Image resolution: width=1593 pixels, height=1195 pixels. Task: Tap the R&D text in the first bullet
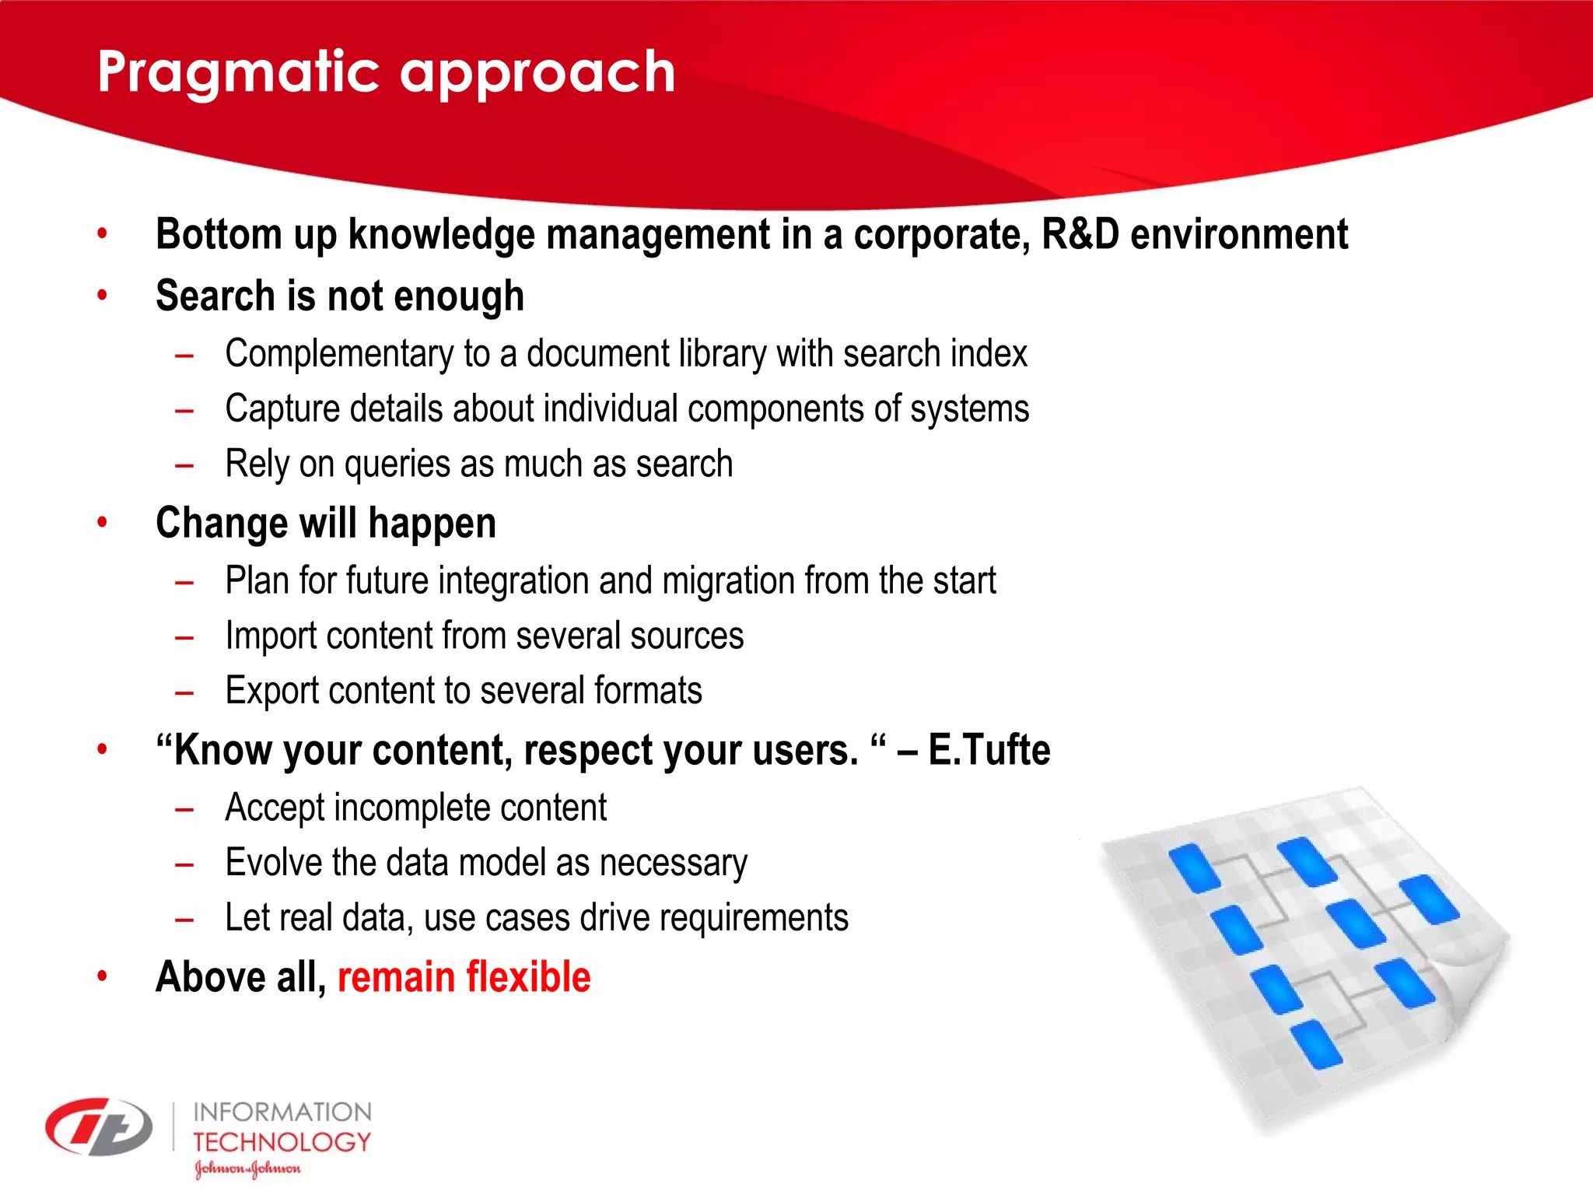pos(1080,234)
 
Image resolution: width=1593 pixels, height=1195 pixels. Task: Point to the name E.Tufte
pos(989,750)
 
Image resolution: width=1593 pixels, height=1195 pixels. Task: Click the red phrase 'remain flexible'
pos(464,977)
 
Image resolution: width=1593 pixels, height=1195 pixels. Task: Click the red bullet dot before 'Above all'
pos(102,976)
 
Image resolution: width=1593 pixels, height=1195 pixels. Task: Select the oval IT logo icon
pos(99,1127)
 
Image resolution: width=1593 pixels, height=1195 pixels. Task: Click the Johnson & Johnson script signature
pos(247,1169)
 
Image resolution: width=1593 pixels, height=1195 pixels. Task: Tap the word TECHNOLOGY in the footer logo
pos(282,1142)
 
